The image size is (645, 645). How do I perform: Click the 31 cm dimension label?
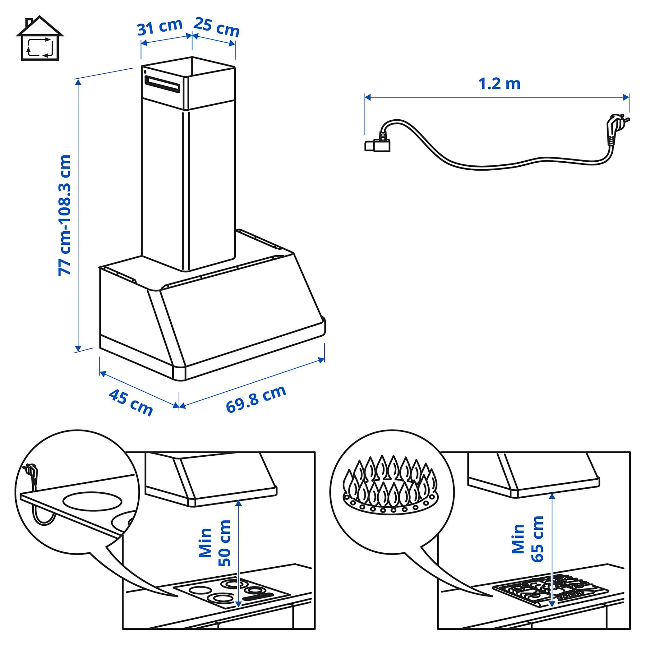(160, 27)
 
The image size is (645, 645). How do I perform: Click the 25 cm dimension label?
(217, 27)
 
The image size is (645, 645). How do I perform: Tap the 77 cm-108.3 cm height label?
(65, 215)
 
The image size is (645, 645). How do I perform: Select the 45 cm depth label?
(131, 402)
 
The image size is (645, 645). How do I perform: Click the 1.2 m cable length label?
(499, 84)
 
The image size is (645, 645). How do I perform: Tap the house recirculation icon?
(40, 39)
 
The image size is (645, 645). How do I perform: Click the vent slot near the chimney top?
(162, 84)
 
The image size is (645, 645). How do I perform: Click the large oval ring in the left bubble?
(92, 501)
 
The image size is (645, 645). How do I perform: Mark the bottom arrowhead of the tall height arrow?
(78, 348)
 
